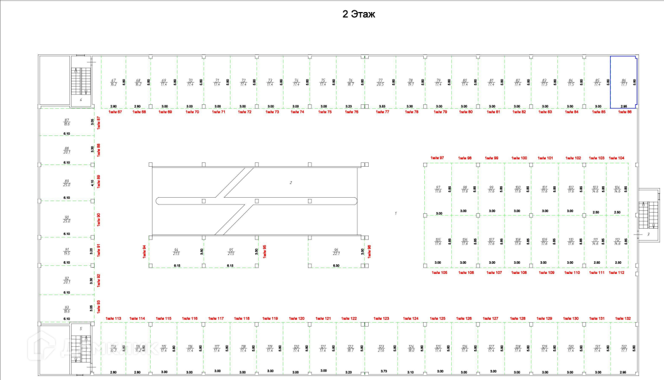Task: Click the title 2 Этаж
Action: point(358,14)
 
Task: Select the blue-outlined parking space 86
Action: point(623,82)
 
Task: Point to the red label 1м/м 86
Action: point(624,112)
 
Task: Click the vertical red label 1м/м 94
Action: point(145,250)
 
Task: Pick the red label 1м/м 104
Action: point(616,158)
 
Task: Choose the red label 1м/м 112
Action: point(616,273)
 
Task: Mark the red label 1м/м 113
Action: point(114,318)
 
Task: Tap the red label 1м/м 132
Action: point(623,318)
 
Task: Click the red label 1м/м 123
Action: point(381,318)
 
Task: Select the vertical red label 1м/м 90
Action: point(99,219)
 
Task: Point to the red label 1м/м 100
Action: point(520,158)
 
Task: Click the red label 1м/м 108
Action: point(519,273)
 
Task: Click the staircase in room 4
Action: point(78,82)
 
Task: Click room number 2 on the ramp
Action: point(291,183)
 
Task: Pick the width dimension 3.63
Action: point(382,107)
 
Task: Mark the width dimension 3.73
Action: point(384,371)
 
